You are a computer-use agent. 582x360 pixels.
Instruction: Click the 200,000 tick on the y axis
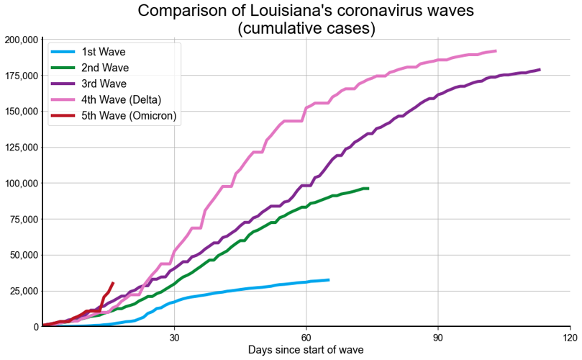point(21,40)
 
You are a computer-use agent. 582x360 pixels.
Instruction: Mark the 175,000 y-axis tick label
point(21,76)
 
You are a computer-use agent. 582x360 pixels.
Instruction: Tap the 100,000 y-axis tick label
point(21,183)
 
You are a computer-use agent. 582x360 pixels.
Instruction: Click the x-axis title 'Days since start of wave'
point(306,350)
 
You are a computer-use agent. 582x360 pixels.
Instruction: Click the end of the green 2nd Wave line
point(368,188)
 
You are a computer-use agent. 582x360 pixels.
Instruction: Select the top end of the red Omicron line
point(113,283)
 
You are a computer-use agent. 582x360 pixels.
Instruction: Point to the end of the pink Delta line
point(496,50)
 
